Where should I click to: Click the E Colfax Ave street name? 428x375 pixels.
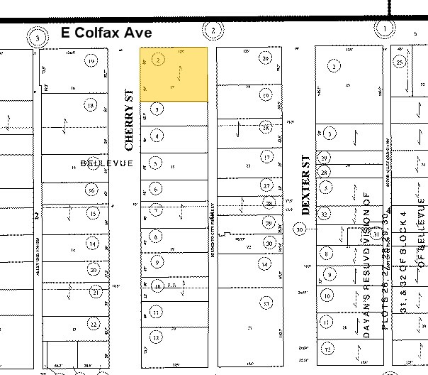(x=106, y=33)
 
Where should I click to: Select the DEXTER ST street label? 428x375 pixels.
(x=306, y=185)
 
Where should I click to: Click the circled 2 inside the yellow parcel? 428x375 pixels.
(x=158, y=60)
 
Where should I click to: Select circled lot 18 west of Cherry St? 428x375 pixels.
(x=90, y=105)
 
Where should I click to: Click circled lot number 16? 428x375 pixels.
(x=91, y=190)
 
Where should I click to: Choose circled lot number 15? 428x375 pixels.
(x=92, y=212)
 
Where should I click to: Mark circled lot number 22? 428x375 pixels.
(x=94, y=323)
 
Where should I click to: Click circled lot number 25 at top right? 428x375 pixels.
(x=400, y=63)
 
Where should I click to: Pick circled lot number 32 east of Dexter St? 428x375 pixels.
(x=325, y=214)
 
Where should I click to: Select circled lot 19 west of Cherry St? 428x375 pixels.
(x=91, y=61)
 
